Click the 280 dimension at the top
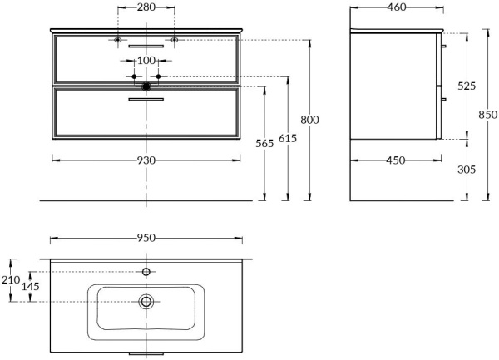(146, 8)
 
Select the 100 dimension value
(146, 61)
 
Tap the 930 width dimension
(146, 160)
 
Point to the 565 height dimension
(264, 143)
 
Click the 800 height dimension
(309, 120)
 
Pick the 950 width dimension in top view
(146, 238)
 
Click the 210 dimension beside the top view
(11, 281)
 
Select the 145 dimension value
(32, 287)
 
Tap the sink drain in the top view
(146, 302)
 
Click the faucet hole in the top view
(146, 272)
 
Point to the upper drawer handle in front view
(146, 46)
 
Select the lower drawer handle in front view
(146, 100)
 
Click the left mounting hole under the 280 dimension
(118, 40)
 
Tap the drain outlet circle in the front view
(146, 85)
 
